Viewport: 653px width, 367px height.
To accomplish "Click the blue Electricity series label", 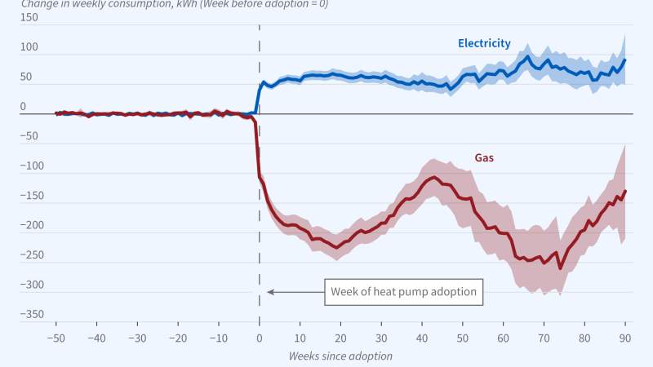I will (x=484, y=44).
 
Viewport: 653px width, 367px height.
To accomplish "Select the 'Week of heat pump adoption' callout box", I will (x=403, y=292).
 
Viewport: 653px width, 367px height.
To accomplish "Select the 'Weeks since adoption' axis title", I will (x=340, y=356).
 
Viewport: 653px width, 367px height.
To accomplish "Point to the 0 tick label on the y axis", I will (x=23, y=107).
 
